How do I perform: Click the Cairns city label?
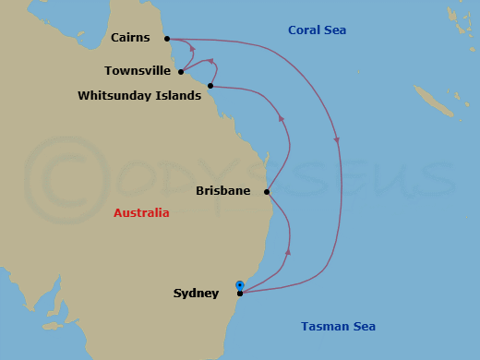coord(131,38)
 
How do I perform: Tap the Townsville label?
coord(138,70)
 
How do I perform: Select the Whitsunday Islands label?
coord(139,95)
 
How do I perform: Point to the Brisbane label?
coord(223,192)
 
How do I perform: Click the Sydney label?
coord(196,294)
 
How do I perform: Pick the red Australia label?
coord(141,213)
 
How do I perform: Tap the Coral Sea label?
coord(317,30)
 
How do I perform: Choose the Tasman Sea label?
coord(338,327)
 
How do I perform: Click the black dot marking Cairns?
coord(167,39)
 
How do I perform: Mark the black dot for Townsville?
coord(181,71)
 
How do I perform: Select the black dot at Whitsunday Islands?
coord(210,86)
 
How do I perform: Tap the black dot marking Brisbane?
coord(266,192)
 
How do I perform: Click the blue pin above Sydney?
coord(240,285)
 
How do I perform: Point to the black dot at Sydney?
coord(240,294)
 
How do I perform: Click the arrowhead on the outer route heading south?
coord(336,139)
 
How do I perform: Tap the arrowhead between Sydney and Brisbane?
coord(289,250)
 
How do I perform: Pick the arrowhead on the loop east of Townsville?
coord(212,62)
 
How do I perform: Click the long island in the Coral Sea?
coord(434,101)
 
